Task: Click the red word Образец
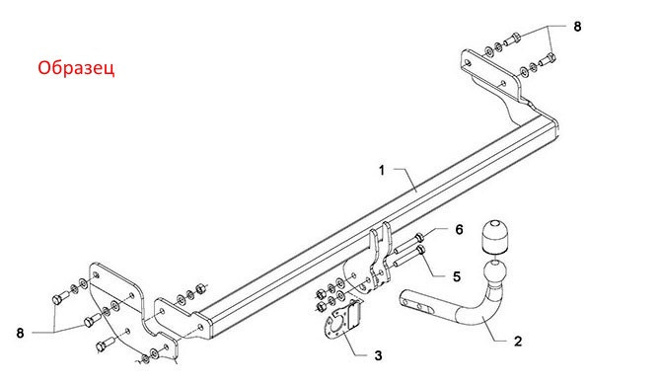[76, 70]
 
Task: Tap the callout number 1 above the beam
[381, 171]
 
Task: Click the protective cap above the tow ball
[493, 238]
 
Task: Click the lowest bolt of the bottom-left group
[103, 346]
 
